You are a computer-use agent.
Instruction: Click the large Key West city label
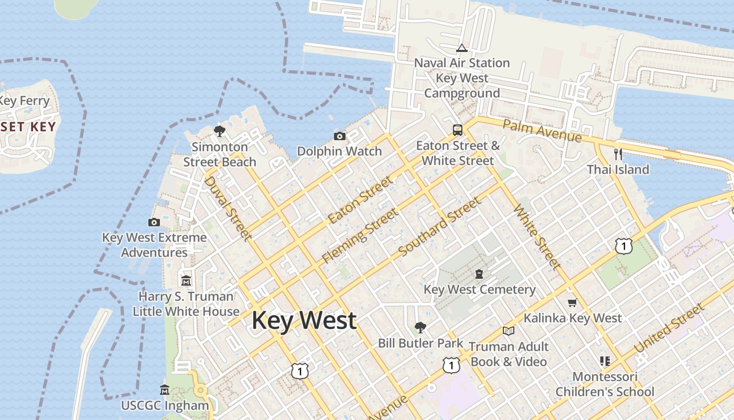pos(304,321)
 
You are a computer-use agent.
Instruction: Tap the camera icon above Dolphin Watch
pos(340,136)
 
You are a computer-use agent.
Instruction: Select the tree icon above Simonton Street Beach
pos(220,131)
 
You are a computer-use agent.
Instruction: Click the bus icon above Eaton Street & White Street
pos(458,130)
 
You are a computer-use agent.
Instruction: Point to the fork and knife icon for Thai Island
pos(618,154)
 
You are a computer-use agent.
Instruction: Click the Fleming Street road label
pos(360,236)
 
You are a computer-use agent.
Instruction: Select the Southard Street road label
pos(439,227)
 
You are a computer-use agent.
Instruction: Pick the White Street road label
pos(537,237)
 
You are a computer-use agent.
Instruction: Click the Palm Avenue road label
pos(542,131)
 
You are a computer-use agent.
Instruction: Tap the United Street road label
pos(669,329)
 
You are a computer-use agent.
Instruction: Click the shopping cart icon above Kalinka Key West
pos(572,302)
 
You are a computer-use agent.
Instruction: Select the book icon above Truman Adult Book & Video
pos(508,331)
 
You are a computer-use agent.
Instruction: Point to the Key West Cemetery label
pos(479,289)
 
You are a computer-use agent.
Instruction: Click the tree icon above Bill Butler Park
pos(420,328)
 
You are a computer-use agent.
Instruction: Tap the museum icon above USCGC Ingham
pos(165,390)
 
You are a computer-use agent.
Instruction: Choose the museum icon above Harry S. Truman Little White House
pos(186,280)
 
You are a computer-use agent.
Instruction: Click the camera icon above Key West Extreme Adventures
pos(154,222)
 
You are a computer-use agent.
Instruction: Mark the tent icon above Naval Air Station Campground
pos(461,48)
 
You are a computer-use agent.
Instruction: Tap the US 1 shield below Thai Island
pos(623,246)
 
